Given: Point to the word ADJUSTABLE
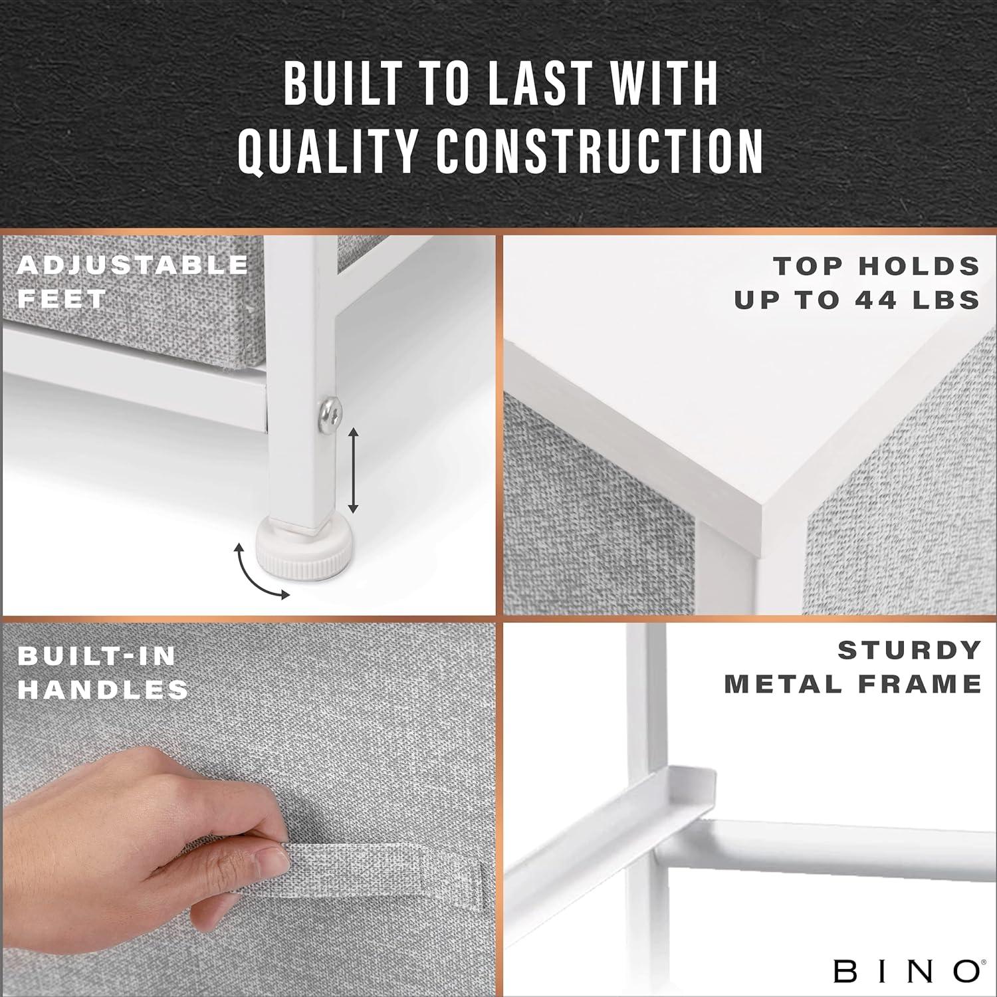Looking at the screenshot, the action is pos(133,265).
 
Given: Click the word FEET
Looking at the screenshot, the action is pos(62,299).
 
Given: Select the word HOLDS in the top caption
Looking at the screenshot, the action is pos(919,266).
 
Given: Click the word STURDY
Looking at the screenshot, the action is pos(909,650).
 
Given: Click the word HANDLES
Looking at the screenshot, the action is pos(103,690).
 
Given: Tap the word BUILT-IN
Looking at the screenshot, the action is pos(97,656).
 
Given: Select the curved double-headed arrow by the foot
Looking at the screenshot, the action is pos(255,574).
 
